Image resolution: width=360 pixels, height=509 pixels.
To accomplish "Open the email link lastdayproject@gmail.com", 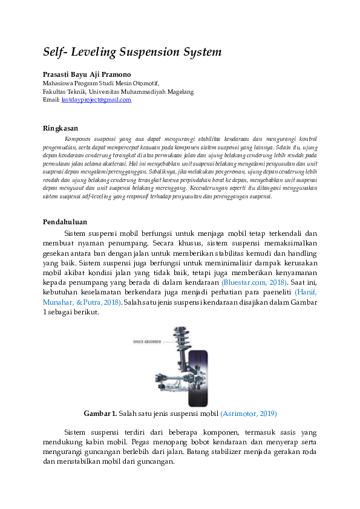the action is (96, 100).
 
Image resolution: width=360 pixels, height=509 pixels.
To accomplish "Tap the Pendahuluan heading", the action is (65, 222).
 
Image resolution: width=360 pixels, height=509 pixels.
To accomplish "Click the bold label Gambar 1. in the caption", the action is (100, 413).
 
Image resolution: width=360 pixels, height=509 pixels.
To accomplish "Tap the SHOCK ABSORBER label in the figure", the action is (146, 342).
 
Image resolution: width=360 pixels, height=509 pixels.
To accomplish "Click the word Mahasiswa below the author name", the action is (58, 83).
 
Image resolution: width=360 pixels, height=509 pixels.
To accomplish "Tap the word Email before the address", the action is (51, 100).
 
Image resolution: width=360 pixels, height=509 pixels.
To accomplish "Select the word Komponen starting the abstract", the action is (78, 139).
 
